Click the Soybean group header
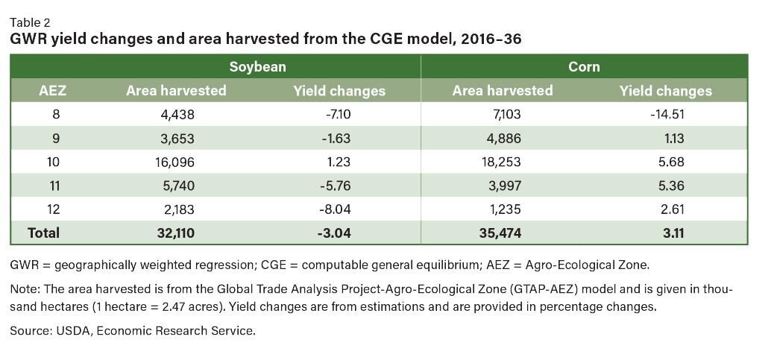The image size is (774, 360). click(x=257, y=66)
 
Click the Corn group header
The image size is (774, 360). click(x=584, y=66)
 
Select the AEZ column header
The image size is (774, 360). click(x=53, y=91)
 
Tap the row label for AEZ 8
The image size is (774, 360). click(x=54, y=115)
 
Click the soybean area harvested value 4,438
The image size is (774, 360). click(x=176, y=115)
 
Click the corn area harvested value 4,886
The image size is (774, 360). click(x=503, y=139)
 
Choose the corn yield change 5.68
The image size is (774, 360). click(x=665, y=162)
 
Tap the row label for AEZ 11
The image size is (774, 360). click(x=54, y=186)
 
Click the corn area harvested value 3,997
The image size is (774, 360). click(x=503, y=186)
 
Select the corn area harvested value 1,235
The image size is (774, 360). click(x=503, y=209)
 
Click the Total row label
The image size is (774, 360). click(x=43, y=233)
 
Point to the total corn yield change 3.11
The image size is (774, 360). click(x=665, y=233)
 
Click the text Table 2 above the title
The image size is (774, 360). click(x=31, y=23)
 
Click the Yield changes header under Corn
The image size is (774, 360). click(x=665, y=91)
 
